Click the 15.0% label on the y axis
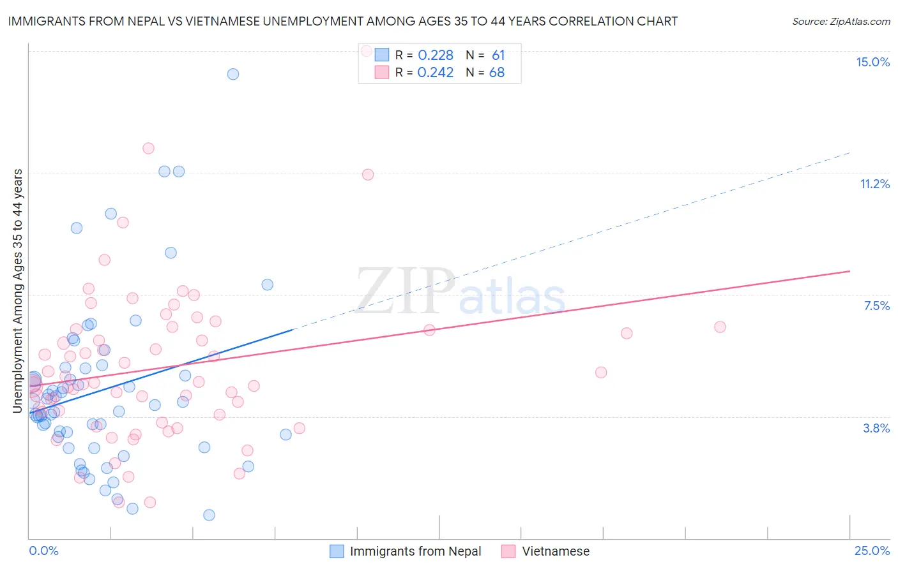pyautogui.click(x=872, y=62)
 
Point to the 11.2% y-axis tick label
pyautogui.click(x=874, y=184)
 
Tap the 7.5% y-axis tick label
pyautogui.click(x=876, y=306)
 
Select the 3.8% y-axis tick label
pyautogui.click(x=876, y=428)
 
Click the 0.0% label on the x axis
pyautogui.click(x=43, y=551)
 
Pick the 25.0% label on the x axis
pyautogui.click(x=872, y=551)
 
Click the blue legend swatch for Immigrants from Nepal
pyautogui.click(x=337, y=551)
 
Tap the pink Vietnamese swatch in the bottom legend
pyautogui.click(x=508, y=551)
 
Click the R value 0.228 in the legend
pyautogui.click(x=435, y=55)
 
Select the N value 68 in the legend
pyautogui.click(x=496, y=73)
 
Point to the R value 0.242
pyautogui.click(x=435, y=73)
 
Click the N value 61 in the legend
pyautogui.click(x=498, y=55)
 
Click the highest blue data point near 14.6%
pyautogui.click(x=233, y=74)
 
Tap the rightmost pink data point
pyautogui.click(x=720, y=327)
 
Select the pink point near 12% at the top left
pyautogui.click(x=148, y=148)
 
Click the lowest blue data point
pyautogui.click(x=209, y=515)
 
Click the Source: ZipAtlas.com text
pyautogui.click(x=841, y=22)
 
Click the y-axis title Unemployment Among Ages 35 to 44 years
pyautogui.click(x=18, y=291)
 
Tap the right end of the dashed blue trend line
pyautogui.click(x=849, y=152)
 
